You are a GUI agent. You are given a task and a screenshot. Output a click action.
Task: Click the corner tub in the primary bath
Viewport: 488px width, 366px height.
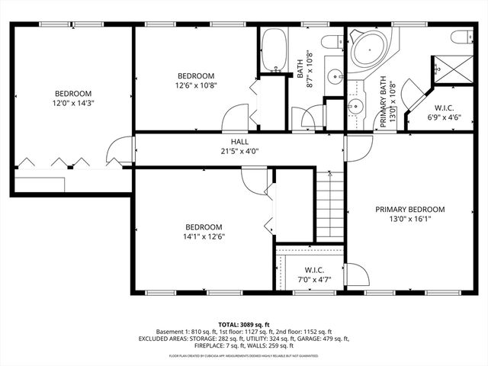coord(369,49)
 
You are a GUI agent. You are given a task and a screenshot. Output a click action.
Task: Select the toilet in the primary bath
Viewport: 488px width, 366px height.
coord(461,38)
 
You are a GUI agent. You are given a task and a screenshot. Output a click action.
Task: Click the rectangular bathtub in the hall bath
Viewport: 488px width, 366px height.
coord(274,51)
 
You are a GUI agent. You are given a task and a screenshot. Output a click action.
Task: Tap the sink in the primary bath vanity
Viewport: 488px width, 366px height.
coord(355,106)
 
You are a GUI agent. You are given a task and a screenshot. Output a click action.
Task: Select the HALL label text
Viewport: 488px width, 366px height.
coord(239,142)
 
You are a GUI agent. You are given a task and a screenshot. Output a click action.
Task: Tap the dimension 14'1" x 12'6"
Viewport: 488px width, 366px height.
coord(204,236)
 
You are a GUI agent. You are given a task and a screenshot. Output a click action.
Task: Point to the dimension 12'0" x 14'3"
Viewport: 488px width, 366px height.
coord(72,102)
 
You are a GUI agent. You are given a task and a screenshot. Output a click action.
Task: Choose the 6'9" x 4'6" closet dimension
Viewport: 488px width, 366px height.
coord(445,117)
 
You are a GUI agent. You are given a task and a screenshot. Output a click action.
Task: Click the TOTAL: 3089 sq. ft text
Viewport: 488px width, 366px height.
coord(243,324)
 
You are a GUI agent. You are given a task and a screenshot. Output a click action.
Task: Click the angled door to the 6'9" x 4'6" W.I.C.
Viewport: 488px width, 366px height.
coord(413,95)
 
